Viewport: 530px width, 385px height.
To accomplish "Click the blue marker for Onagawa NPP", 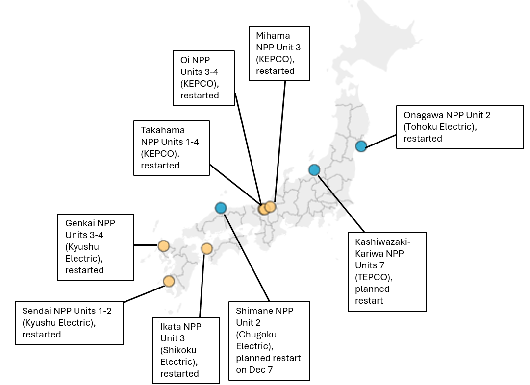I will point(361,146).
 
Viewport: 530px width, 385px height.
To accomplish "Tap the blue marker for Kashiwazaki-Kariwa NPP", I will point(314,170).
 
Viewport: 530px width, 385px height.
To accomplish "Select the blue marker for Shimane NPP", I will point(221,208).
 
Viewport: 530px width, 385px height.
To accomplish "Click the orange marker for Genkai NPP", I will point(163,245).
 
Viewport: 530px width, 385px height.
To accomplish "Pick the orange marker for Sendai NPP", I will point(169,281).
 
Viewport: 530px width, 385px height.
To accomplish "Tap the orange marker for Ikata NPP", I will point(206,248).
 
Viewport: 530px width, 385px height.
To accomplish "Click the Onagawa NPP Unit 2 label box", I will point(459,127).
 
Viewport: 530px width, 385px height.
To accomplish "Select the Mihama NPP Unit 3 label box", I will point(279,53).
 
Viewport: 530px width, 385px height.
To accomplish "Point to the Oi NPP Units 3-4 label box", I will point(203,77).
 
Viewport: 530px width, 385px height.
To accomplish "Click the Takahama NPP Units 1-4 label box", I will point(172,148).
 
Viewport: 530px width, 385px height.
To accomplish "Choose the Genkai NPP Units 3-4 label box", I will point(96,247).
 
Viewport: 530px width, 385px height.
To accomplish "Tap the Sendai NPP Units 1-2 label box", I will point(69,323).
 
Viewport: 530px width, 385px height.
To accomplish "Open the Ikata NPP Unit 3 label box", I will point(186,350).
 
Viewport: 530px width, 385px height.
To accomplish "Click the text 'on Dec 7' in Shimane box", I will point(254,370).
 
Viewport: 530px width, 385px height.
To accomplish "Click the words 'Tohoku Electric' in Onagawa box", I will point(439,127).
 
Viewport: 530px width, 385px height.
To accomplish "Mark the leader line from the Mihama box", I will point(280,142).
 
